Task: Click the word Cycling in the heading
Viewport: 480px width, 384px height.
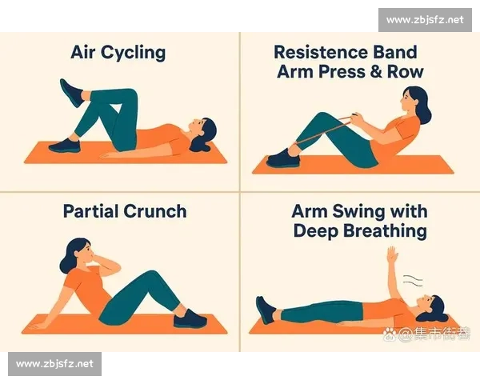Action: point(133,53)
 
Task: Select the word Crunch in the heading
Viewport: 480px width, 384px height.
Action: point(155,211)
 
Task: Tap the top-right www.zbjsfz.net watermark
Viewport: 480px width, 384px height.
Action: point(425,20)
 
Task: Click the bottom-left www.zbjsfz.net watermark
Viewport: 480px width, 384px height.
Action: point(54,364)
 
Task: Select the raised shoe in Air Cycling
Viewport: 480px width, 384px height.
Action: point(71,93)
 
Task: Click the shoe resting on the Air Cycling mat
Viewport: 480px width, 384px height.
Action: point(65,146)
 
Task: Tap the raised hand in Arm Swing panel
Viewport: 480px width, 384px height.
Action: point(392,254)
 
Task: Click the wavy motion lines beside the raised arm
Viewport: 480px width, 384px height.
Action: point(413,280)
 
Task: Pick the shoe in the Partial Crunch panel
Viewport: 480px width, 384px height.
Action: point(190,318)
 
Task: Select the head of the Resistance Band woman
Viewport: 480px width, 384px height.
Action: point(415,103)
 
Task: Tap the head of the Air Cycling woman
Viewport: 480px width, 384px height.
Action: point(202,134)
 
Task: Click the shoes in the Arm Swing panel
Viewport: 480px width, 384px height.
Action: point(266,310)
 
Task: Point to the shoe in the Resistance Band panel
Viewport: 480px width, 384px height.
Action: point(283,158)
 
